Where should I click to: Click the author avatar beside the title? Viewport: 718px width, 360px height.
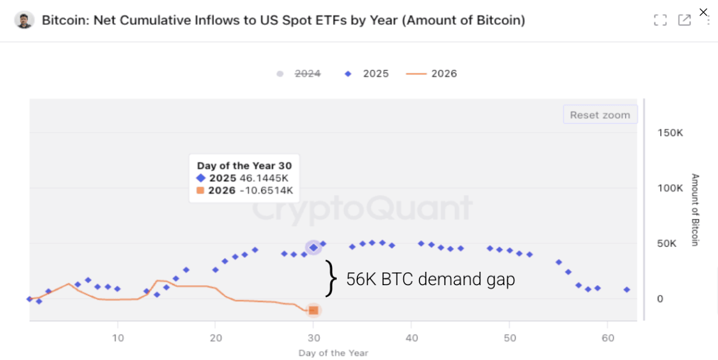click(24, 20)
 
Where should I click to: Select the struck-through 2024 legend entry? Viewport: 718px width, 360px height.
click(308, 74)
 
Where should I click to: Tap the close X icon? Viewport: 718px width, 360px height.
click(703, 12)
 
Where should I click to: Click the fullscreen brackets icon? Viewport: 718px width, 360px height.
click(660, 20)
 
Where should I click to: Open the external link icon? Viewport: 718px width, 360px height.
click(684, 20)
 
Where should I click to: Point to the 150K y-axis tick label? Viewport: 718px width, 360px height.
click(671, 133)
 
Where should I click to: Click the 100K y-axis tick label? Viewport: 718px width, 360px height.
click(671, 188)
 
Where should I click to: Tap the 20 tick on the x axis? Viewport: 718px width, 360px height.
click(215, 338)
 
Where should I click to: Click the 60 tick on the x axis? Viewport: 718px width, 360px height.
click(607, 338)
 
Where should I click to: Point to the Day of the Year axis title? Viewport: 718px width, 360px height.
click(333, 353)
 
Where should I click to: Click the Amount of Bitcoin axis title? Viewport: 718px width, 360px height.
click(695, 210)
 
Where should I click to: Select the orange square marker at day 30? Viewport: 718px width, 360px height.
click(313, 310)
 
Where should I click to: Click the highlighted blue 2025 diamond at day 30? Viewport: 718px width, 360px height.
click(313, 247)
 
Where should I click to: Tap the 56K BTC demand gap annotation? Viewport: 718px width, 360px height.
click(430, 279)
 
